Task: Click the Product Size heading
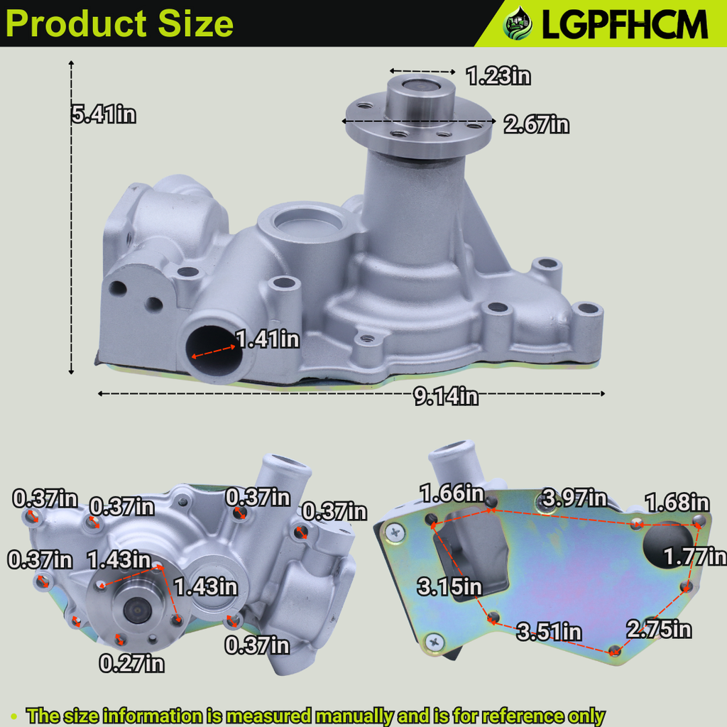[x=120, y=23]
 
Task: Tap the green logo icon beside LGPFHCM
[x=518, y=25]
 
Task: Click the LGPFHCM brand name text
[x=625, y=25]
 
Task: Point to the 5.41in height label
[x=104, y=114]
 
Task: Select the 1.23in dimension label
[x=498, y=75]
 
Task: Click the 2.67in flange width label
[x=536, y=125]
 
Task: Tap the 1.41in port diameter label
[x=268, y=339]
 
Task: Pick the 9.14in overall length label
[x=447, y=396]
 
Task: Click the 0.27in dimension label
[x=131, y=664]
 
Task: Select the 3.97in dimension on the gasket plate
[x=575, y=498]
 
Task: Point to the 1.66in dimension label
[x=452, y=492]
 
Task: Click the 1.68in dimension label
[x=677, y=503]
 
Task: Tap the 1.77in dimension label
[x=694, y=557]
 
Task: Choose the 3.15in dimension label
[x=450, y=587]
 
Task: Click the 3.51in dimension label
[x=549, y=631]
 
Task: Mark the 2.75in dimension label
[x=658, y=629]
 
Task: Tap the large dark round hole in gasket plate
[x=667, y=546]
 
